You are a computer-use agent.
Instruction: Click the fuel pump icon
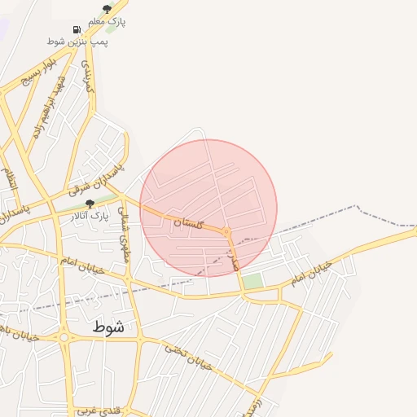coord(77,29)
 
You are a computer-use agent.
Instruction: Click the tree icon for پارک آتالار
coord(90,204)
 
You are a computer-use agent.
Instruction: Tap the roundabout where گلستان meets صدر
coord(227,233)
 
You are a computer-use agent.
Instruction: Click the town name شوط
coord(108,327)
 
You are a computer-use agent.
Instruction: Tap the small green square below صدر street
coord(253,281)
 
